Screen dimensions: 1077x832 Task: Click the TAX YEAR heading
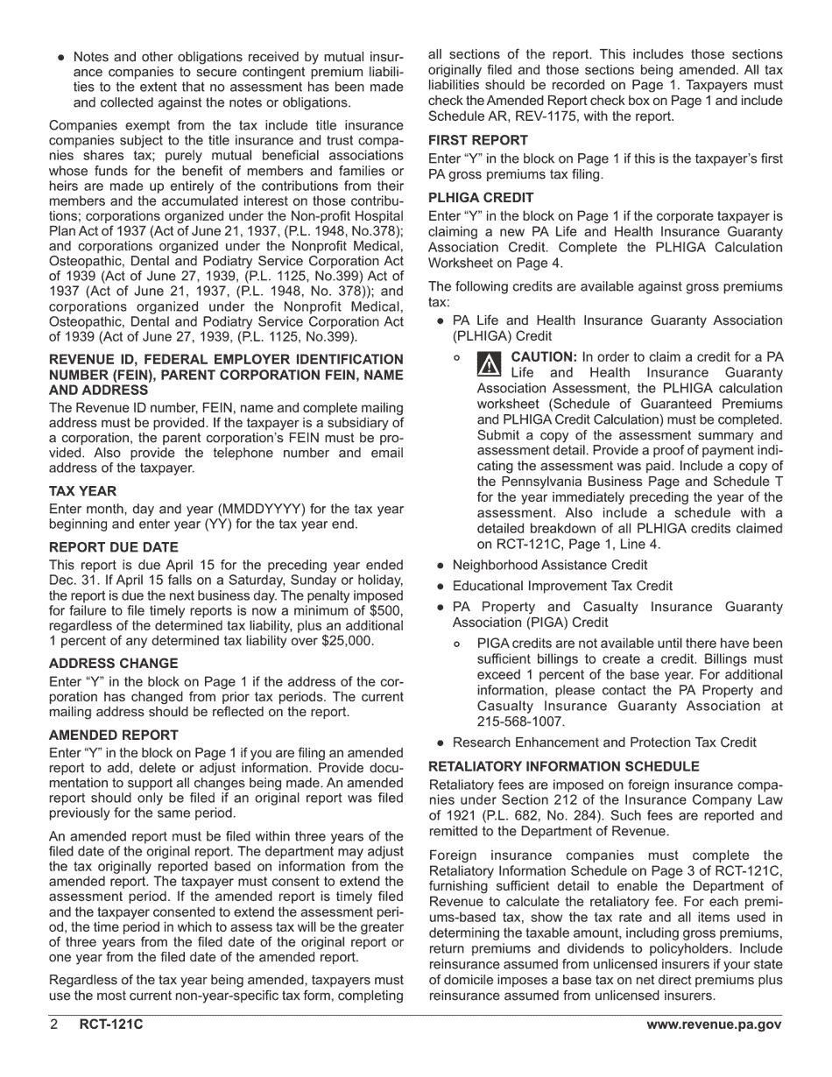pyautogui.click(x=82, y=490)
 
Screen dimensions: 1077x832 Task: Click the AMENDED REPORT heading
pyautogui.click(x=113, y=735)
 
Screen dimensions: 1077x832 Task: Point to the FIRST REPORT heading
pyautogui.click(x=478, y=140)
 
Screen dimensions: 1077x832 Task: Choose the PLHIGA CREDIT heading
pyautogui.click(x=481, y=197)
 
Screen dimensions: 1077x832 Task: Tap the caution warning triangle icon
pyautogui.click(x=490, y=363)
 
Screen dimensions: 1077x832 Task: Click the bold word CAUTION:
pyautogui.click(x=543, y=357)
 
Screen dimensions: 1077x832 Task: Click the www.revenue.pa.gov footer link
pyautogui.click(x=714, y=1025)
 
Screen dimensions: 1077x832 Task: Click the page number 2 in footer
pyautogui.click(x=54, y=1025)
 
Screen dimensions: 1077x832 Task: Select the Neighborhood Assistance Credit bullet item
pyautogui.click(x=549, y=565)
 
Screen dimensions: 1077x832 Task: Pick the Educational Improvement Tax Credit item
pyautogui.click(x=562, y=586)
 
